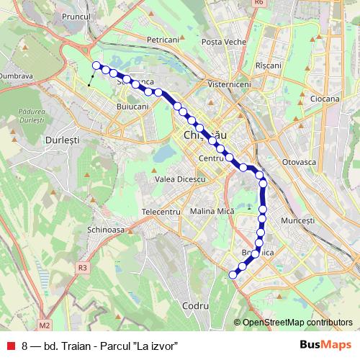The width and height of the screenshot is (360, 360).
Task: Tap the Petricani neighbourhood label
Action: pyautogui.click(x=162, y=40)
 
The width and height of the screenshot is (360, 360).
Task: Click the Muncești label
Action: pyautogui.click(x=298, y=220)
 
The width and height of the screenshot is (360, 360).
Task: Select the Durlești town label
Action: pyautogui.click(x=60, y=136)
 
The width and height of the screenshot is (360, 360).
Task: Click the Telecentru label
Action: pyautogui.click(x=160, y=212)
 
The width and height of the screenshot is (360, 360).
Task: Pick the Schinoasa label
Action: pyautogui.click(x=105, y=228)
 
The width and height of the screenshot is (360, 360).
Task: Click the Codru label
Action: pyautogui.click(x=195, y=306)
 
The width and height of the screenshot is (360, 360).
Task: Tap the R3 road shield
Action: pyautogui.click(x=82, y=267)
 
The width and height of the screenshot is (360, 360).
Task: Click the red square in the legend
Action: pyautogui.click(x=11, y=345)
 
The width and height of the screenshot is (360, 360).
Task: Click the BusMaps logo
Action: pyautogui.click(x=322, y=344)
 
